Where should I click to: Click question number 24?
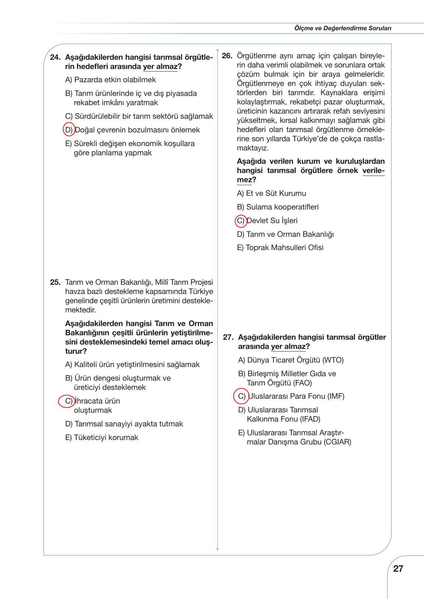[55, 58]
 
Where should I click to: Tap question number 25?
[55, 283]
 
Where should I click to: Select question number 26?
[227, 56]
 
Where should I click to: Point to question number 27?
[229, 337]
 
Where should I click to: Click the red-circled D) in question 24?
[69, 129]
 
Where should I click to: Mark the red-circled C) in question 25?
[67, 401]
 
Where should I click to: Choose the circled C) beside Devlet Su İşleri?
[241, 221]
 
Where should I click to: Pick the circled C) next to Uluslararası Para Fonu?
[241, 396]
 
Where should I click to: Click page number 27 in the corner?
[398, 568]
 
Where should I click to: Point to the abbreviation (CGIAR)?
[338, 442]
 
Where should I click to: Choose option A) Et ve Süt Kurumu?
[271, 193]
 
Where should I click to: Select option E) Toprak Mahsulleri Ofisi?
[280, 247]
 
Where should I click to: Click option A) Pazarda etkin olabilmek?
[111, 80]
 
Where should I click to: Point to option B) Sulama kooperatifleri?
[278, 207]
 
